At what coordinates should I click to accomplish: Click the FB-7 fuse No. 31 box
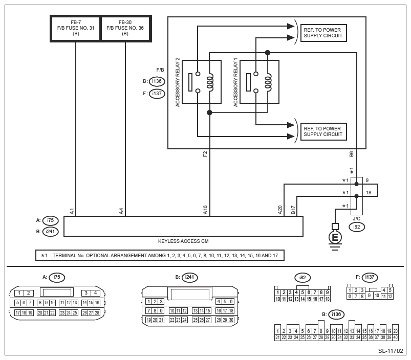(x=75, y=28)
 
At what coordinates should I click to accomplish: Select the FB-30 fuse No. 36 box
(x=125, y=28)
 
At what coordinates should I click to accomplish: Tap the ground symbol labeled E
(x=335, y=237)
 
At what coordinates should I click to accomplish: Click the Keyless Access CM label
(x=183, y=240)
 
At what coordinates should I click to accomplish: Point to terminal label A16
(x=205, y=210)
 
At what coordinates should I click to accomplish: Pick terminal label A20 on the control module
(x=280, y=210)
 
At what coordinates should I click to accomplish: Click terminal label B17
(x=293, y=210)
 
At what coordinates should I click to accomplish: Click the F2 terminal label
(x=205, y=153)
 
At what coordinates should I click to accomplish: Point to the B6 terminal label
(x=351, y=153)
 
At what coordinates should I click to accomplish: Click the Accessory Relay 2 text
(x=177, y=82)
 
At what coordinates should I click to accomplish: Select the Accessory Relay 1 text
(x=235, y=82)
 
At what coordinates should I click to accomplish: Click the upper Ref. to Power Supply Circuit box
(x=323, y=32)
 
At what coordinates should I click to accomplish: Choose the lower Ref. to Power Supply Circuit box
(x=323, y=131)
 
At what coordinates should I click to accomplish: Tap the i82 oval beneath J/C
(x=357, y=227)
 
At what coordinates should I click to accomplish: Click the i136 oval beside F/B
(x=157, y=81)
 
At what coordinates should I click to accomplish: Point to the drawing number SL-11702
(x=391, y=351)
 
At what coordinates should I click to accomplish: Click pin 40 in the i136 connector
(x=396, y=337)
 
